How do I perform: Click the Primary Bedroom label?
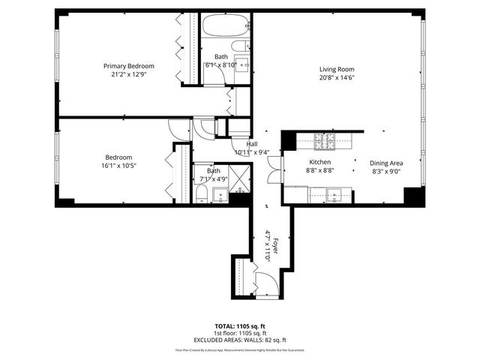(124, 66)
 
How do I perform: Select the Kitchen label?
(320, 162)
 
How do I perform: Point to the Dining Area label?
(386, 162)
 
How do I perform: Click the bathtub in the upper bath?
(223, 27)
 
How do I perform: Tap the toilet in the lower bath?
(202, 196)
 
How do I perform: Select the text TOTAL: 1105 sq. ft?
(241, 326)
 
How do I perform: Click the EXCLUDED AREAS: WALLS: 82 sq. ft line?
(241, 339)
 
